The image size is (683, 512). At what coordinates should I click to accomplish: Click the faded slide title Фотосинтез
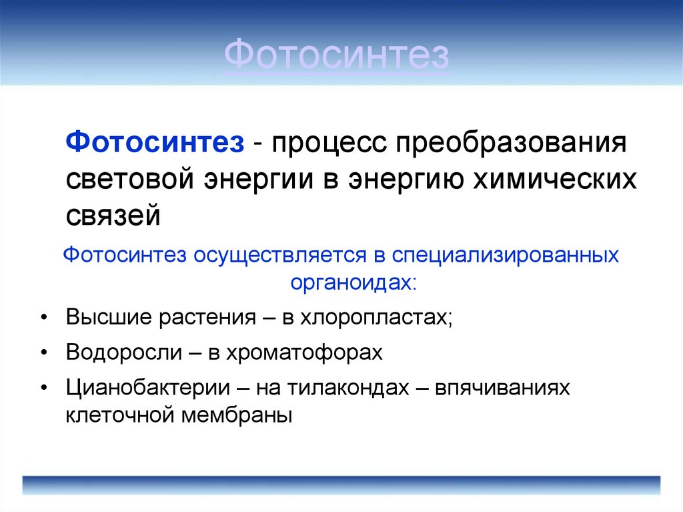336,57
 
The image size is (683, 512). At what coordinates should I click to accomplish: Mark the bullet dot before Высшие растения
43,316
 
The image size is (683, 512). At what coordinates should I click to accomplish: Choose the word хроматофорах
311,352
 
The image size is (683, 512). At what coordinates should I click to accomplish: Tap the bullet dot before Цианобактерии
43,389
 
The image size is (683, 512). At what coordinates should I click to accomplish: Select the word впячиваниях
502,389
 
